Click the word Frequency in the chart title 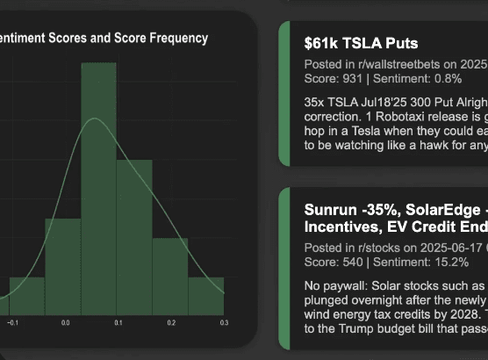(178, 38)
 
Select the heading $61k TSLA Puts (361, 43)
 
